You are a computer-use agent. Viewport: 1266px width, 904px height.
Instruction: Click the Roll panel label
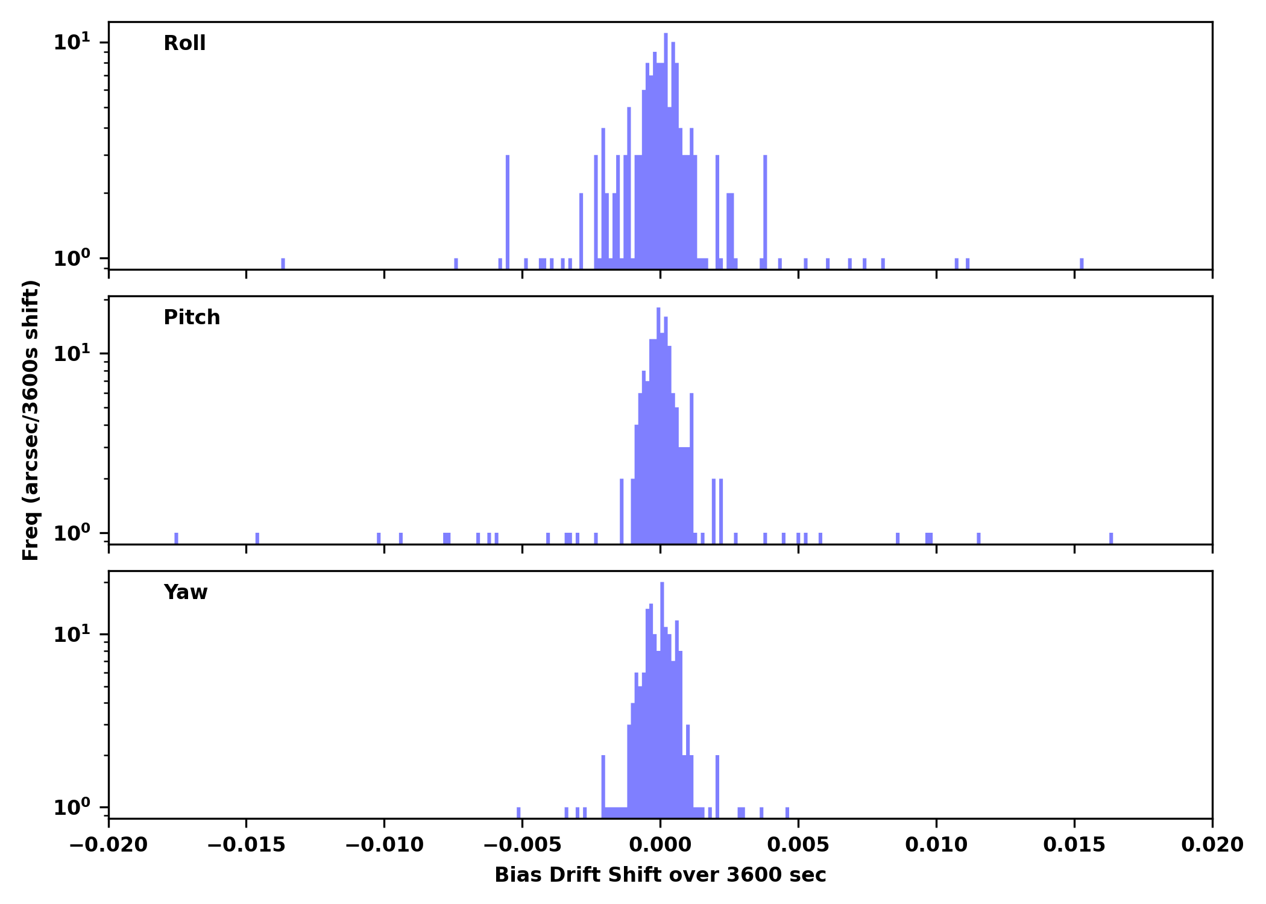(184, 43)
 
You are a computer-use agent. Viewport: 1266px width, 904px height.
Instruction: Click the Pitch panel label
(192, 318)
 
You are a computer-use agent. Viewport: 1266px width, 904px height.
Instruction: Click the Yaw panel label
(186, 592)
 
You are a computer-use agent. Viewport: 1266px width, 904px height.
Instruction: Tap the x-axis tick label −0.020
(109, 845)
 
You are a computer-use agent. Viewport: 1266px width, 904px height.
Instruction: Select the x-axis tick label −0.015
(246, 845)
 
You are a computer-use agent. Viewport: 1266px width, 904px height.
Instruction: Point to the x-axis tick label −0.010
(384, 845)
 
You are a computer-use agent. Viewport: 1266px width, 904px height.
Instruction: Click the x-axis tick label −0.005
(522, 845)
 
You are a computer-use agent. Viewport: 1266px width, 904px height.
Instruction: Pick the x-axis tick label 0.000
(660, 845)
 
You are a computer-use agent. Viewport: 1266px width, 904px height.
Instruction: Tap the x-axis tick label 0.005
(798, 845)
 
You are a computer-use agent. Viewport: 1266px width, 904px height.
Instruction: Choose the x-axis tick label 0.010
(936, 845)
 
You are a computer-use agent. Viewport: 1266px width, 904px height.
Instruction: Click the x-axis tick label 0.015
(1074, 845)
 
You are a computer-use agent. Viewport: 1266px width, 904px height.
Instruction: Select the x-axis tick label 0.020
(1212, 845)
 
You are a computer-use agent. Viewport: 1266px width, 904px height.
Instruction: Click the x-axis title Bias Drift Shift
(660, 875)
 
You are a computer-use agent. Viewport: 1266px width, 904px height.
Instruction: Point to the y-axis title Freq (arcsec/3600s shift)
(31, 420)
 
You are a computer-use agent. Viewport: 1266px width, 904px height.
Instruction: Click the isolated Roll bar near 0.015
(1082, 264)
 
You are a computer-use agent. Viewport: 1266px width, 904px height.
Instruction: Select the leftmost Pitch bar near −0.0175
(176, 538)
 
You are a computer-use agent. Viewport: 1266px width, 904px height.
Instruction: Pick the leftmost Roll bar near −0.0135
(283, 264)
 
